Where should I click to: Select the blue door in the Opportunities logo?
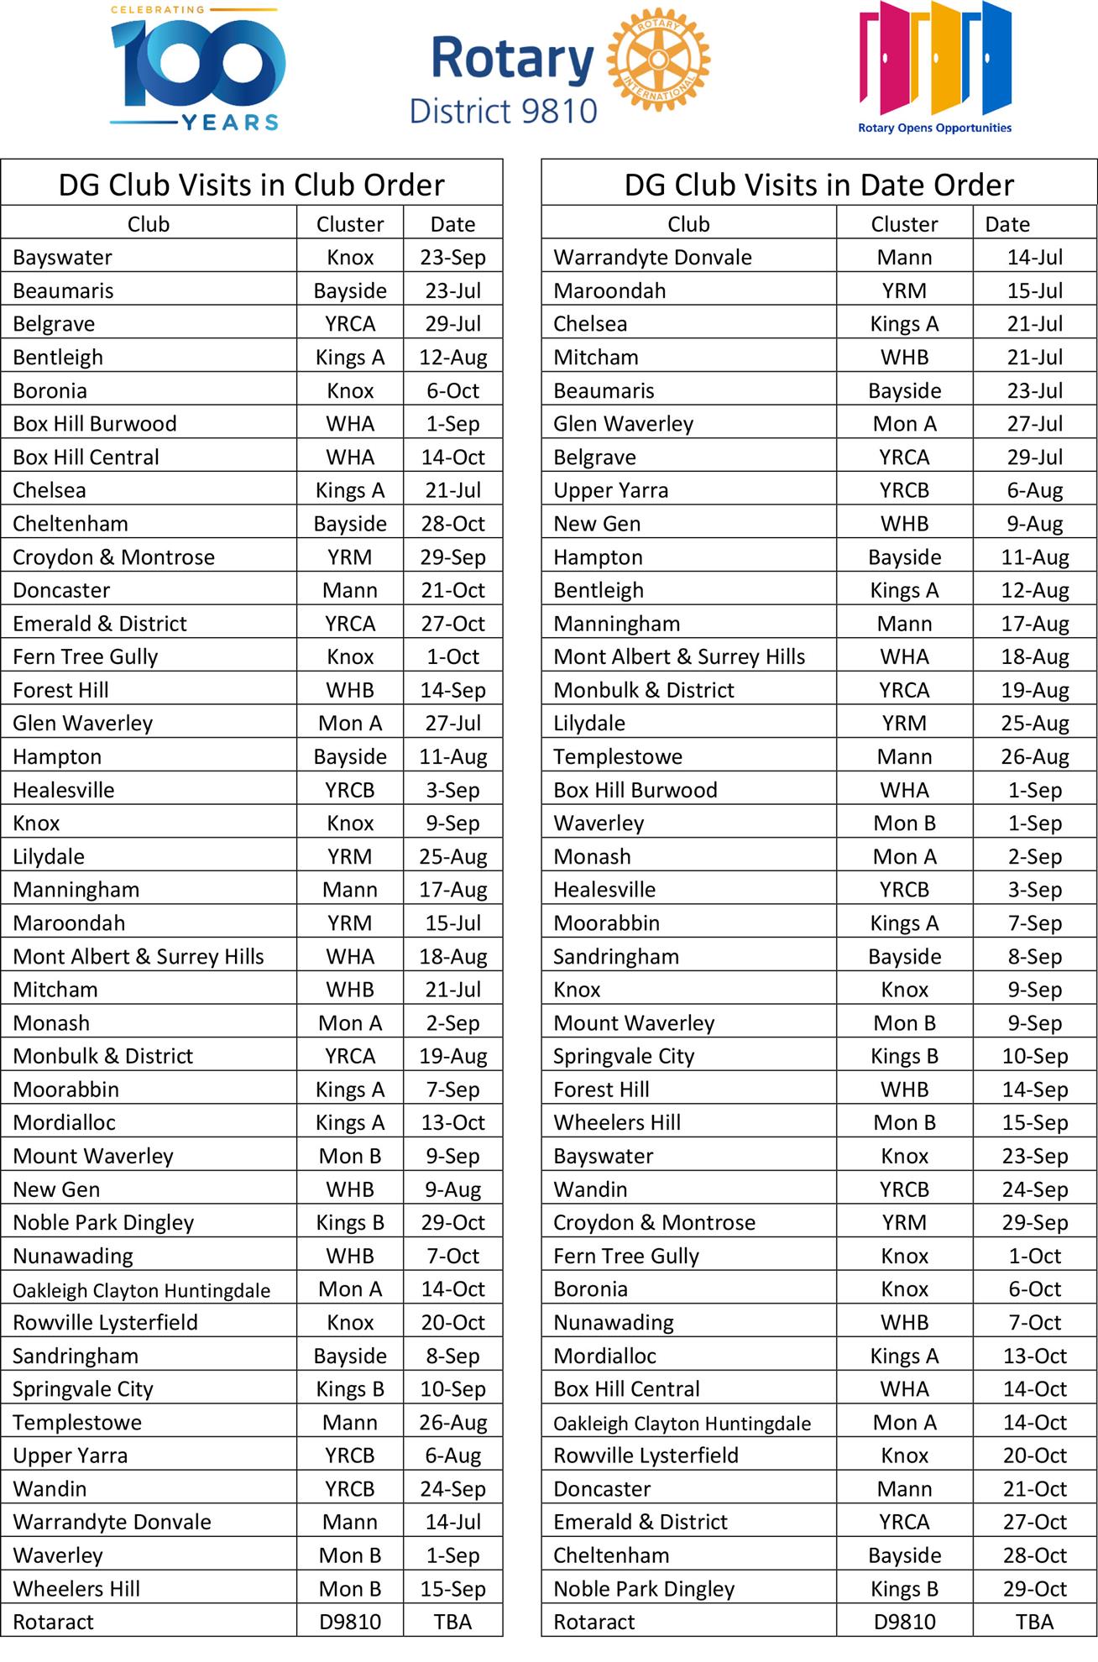coord(989,59)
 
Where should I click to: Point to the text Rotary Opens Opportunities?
coord(934,128)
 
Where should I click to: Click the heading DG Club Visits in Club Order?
coord(251,185)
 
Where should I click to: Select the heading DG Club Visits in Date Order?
coord(818,185)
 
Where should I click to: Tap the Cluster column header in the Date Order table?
coord(904,224)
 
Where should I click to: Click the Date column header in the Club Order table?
coord(452,224)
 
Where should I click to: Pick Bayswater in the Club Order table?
coord(62,258)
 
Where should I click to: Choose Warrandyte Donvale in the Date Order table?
coord(652,258)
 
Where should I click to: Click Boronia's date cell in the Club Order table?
coord(452,391)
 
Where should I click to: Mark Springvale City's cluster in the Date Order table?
coord(904,1057)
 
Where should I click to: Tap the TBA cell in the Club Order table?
coord(452,1623)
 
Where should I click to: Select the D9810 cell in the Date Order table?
coord(904,1623)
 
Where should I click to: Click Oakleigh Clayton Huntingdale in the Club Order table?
coord(141,1290)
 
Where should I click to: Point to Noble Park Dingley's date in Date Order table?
coord(1034,1589)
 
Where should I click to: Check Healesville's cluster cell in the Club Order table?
coord(350,791)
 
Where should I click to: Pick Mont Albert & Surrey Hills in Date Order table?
coord(678,657)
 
